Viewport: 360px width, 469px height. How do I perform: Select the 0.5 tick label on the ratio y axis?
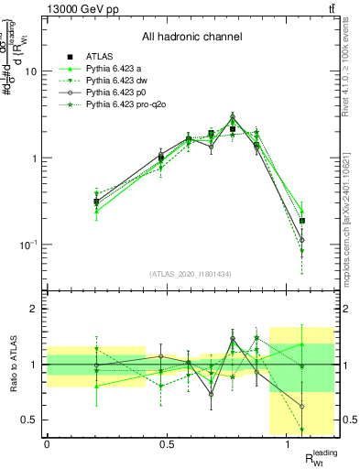click(x=30, y=420)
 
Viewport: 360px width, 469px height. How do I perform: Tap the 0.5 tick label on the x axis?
click(x=167, y=444)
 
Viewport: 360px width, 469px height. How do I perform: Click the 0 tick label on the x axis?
click(x=47, y=444)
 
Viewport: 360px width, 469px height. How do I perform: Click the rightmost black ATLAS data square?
click(x=302, y=221)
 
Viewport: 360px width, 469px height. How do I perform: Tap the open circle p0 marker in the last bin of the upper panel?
click(x=302, y=241)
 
